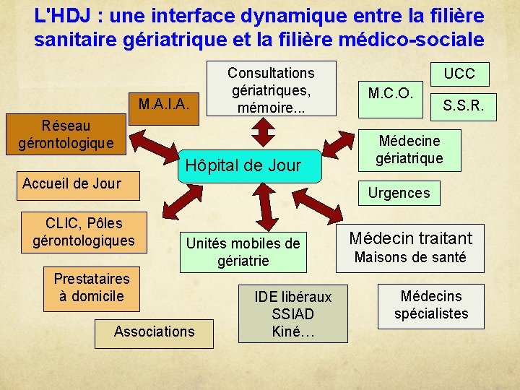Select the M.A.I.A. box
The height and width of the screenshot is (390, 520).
click(163, 104)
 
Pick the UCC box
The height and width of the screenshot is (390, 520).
click(459, 74)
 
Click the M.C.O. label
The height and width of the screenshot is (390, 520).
click(390, 93)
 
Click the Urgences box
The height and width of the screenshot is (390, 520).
click(399, 192)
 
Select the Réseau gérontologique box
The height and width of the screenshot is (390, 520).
click(66, 134)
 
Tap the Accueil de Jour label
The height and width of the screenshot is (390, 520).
click(71, 183)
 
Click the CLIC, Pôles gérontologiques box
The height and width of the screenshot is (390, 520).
click(84, 232)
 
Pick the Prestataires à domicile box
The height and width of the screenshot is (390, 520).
click(92, 287)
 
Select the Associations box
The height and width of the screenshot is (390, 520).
click(154, 331)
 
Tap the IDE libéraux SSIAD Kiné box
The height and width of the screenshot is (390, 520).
click(292, 313)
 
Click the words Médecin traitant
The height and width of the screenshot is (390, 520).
click(410, 238)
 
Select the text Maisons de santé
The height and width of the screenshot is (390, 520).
click(409, 258)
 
